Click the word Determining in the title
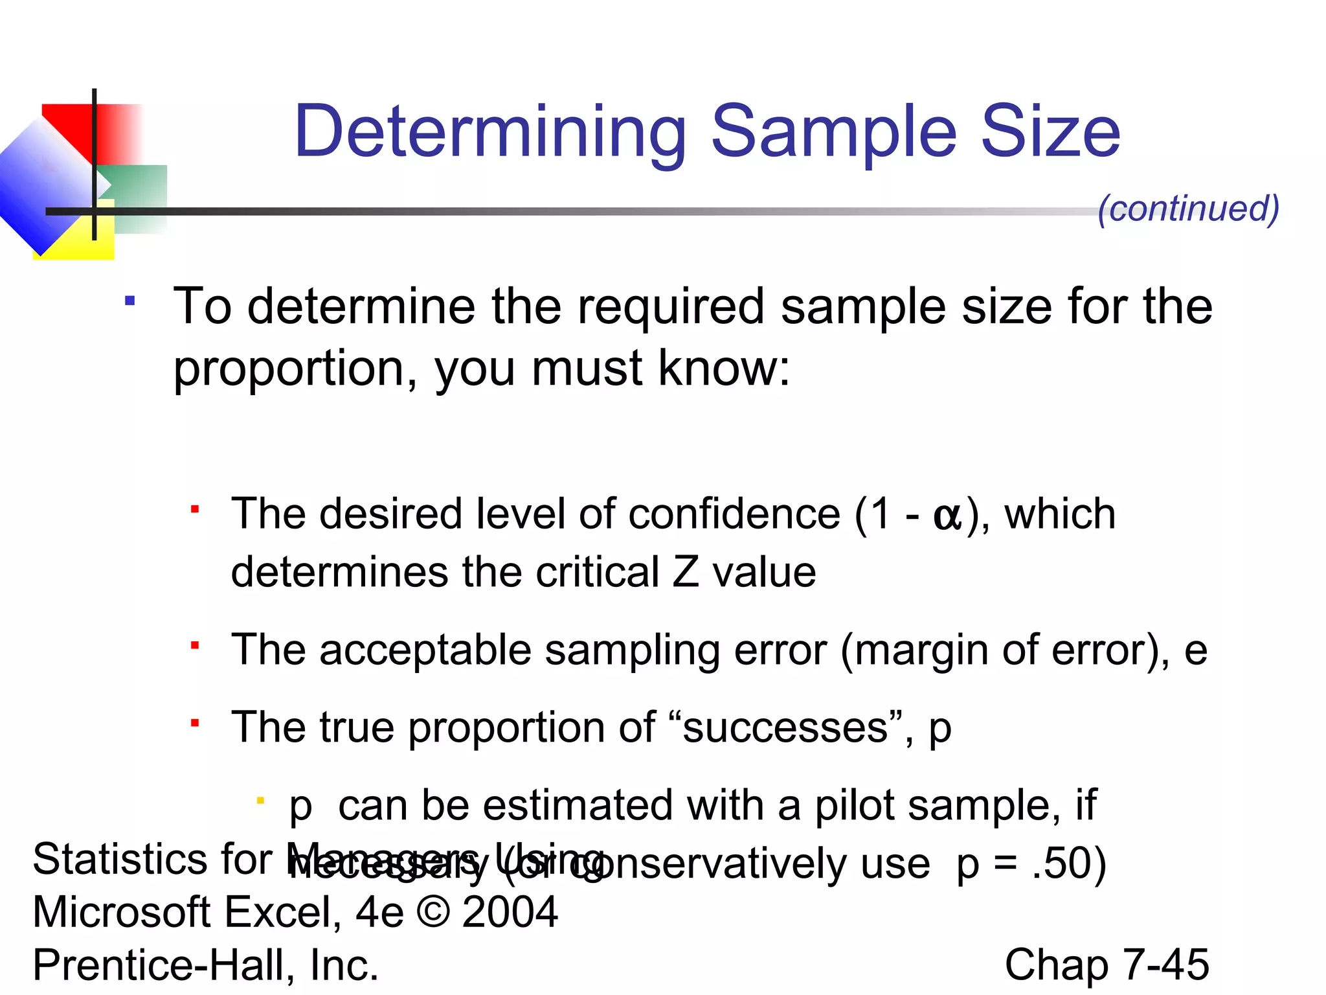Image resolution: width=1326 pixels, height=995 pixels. click(x=490, y=132)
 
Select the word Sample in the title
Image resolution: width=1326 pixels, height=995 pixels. click(x=834, y=132)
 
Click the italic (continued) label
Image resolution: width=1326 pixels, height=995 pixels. click(x=1188, y=209)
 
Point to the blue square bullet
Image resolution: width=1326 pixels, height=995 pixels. click(x=130, y=301)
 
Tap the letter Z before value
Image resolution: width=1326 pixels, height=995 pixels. click(x=686, y=573)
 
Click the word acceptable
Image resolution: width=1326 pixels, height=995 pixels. click(x=425, y=650)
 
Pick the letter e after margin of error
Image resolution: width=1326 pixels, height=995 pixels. click(x=1195, y=652)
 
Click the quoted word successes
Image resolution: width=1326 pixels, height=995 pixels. click(x=785, y=727)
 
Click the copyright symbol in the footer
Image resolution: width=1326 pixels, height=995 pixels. click(x=433, y=912)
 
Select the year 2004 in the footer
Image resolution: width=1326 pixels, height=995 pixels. click(x=510, y=912)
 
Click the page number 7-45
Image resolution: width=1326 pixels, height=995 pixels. click(x=1165, y=965)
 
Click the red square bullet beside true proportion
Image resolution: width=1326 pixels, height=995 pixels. click(x=194, y=723)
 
